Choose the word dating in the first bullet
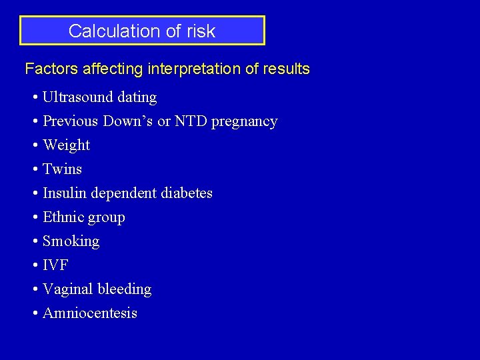click(137, 97)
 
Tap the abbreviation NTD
click(191, 121)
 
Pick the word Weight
click(66, 145)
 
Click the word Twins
click(62, 169)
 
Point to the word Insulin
click(65, 193)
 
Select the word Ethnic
click(62, 217)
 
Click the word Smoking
click(71, 241)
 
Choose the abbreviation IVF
click(55, 265)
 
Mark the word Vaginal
click(68, 289)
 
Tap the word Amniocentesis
click(90, 313)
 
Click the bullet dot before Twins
click(35, 170)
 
